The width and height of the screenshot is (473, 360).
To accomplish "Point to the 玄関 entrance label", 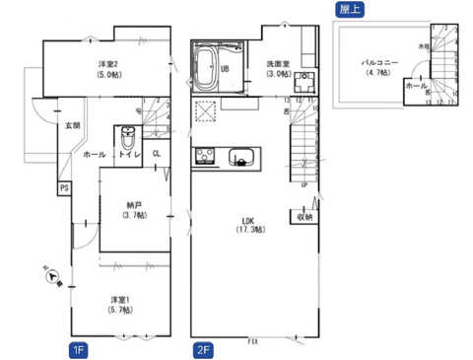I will point(73,126).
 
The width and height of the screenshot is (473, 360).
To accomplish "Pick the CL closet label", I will point(156,153).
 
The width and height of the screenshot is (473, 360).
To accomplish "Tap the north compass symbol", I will point(51,277).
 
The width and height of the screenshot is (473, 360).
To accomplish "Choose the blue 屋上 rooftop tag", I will point(351,9).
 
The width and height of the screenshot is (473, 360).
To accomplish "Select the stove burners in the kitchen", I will point(207,156).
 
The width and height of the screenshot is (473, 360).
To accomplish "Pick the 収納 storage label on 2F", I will point(304,216).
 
